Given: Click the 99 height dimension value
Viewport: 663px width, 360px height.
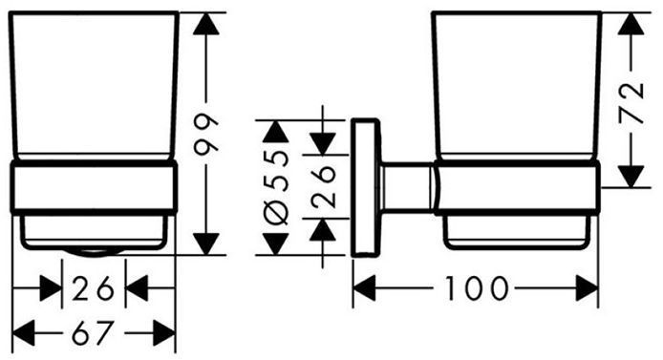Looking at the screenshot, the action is click(x=206, y=133).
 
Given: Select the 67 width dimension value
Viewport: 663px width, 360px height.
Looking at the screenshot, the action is click(x=93, y=333).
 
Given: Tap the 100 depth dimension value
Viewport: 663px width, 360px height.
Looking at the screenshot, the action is click(x=477, y=288).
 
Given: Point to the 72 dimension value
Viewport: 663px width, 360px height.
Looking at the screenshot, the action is click(x=631, y=103).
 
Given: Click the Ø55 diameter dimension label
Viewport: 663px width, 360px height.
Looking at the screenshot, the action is click(x=276, y=187).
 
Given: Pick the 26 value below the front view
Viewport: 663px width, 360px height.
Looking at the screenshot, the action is click(x=93, y=288).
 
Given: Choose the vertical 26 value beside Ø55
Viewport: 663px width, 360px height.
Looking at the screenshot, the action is click(x=323, y=186).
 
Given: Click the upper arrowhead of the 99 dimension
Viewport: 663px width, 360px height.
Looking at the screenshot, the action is click(x=206, y=24).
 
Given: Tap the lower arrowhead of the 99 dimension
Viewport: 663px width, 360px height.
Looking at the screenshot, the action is click(x=206, y=244).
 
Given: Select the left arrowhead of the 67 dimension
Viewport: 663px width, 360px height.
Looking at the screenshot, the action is click(x=24, y=333).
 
